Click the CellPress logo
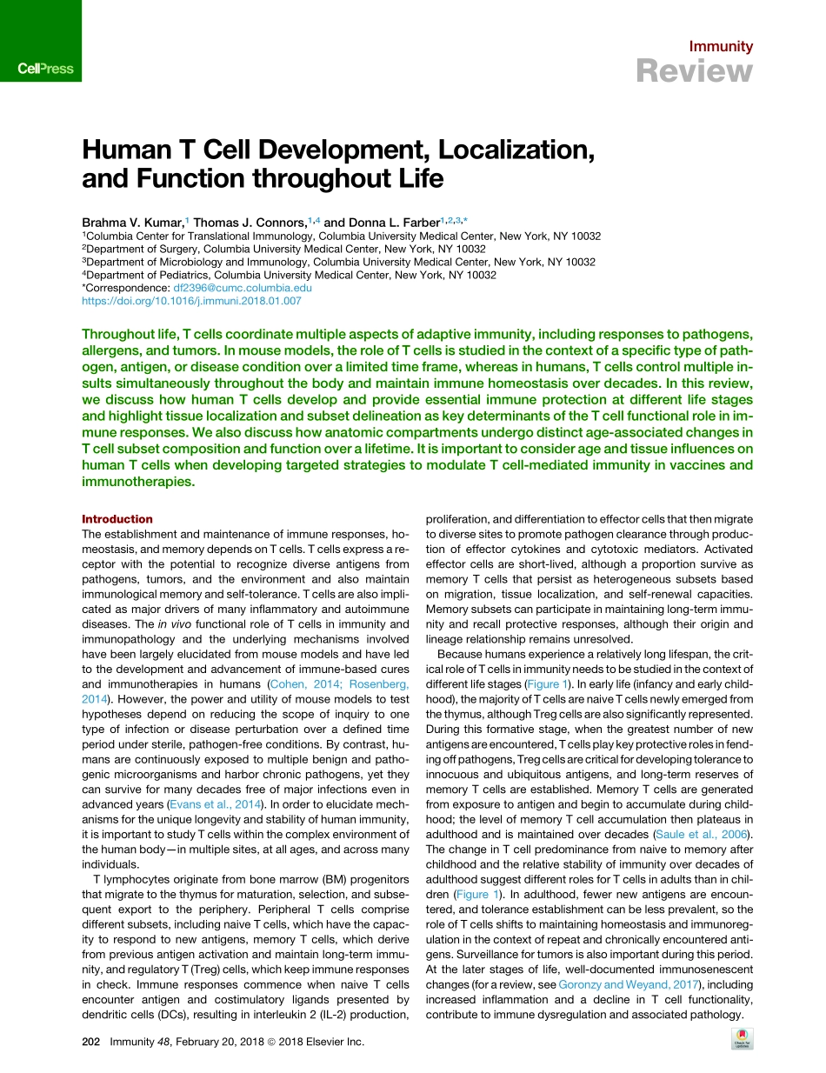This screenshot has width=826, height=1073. coord(46,68)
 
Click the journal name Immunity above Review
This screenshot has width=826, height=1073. coord(721,47)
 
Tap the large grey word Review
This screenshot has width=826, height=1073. coord(695,71)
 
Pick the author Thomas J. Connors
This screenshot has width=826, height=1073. coord(251,223)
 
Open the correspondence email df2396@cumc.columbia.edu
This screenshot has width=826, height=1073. coord(243,288)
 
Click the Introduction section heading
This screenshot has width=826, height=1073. coord(117,519)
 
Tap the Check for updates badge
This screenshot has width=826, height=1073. coord(743,1039)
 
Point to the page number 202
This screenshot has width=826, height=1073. coord(91,1041)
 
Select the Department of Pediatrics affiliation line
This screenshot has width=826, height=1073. coord(290,275)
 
